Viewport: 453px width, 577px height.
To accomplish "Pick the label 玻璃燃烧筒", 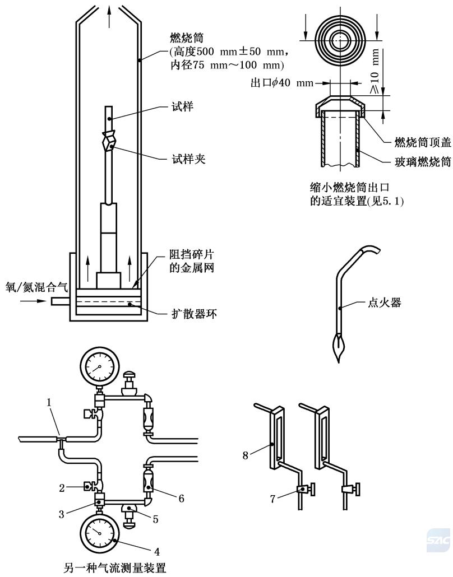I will click(x=418, y=161).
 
